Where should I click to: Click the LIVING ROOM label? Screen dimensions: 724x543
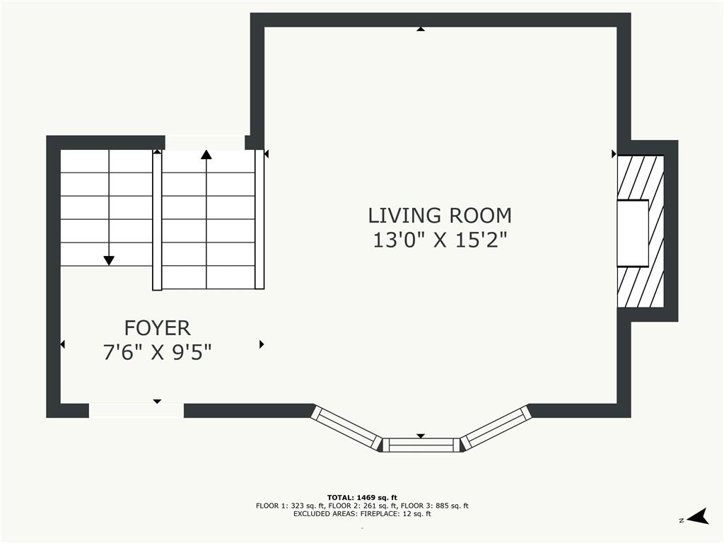pyautogui.click(x=440, y=216)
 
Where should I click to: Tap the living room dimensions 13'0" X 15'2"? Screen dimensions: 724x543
pyautogui.click(x=440, y=240)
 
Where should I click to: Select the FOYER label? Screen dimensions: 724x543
pyautogui.click(x=157, y=328)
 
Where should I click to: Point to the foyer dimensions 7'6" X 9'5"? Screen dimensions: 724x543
pyautogui.click(x=157, y=353)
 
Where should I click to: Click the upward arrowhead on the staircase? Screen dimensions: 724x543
pyautogui.click(x=206, y=155)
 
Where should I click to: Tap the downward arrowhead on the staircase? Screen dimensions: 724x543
pyautogui.click(x=108, y=261)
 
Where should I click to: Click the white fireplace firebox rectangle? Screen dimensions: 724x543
pyautogui.click(x=633, y=233)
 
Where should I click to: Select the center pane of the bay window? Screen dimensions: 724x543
pyautogui.click(x=421, y=445)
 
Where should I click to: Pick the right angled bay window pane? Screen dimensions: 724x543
pyautogui.click(x=497, y=427)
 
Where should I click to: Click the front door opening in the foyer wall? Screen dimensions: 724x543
pyautogui.click(x=136, y=411)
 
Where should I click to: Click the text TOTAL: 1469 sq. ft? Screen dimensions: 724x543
pyautogui.click(x=362, y=498)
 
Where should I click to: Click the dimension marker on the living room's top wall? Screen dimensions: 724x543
pyautogui.click(x=421, y=29)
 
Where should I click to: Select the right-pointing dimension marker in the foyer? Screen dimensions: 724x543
pyautogui.click(x=262, y=344)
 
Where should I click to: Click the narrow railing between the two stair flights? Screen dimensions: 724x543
pyautogui.click(x=157, y=221)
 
